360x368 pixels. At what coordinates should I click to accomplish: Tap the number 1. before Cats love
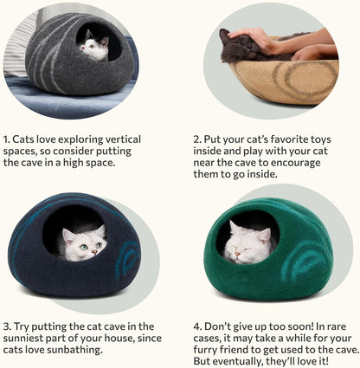[7, 139]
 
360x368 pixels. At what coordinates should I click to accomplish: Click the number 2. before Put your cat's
[197, 139]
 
